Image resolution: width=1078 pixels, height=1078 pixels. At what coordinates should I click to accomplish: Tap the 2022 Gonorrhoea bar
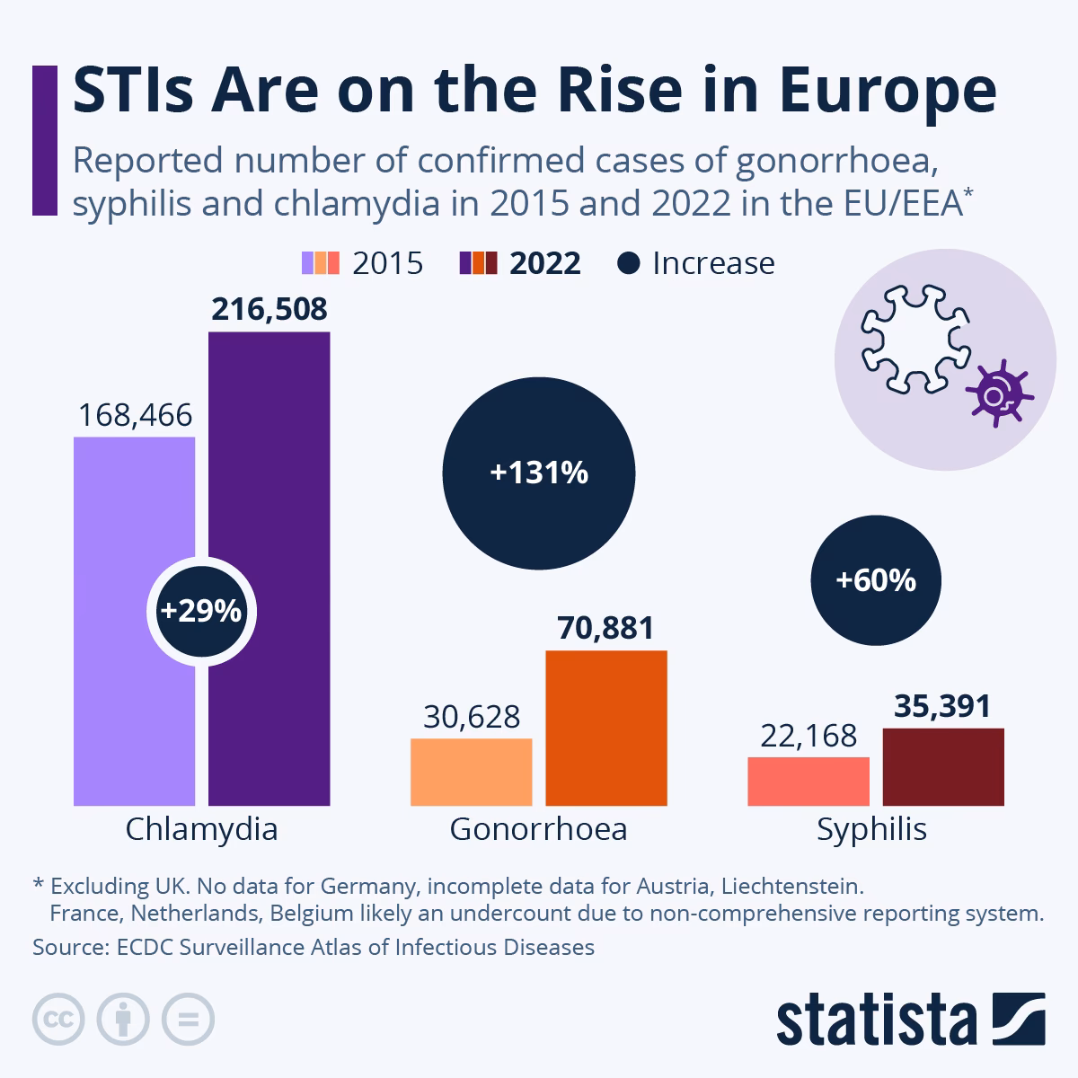606,728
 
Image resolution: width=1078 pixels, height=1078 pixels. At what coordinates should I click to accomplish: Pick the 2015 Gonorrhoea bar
471,772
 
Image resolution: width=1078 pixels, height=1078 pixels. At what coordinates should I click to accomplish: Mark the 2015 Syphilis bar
808,781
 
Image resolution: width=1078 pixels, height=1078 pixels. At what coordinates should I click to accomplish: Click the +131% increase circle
539,473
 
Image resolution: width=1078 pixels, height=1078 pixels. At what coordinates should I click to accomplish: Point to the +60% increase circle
876,580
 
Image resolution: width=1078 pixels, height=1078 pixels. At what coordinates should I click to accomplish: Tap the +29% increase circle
201,611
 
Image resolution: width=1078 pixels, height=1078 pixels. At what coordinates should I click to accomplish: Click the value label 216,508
269,309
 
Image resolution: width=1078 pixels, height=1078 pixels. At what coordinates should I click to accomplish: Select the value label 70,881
606,628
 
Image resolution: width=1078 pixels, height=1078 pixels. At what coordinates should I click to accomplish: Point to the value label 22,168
808,736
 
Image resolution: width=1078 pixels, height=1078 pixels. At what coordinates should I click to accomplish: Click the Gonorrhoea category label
538,828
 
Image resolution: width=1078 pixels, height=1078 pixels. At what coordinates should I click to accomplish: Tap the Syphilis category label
871,828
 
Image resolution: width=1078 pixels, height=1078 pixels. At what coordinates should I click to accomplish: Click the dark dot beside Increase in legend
629,263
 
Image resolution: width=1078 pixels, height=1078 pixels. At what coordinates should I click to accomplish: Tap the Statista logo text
876,1020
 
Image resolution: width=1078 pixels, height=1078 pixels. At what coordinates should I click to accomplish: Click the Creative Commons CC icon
58,1020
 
